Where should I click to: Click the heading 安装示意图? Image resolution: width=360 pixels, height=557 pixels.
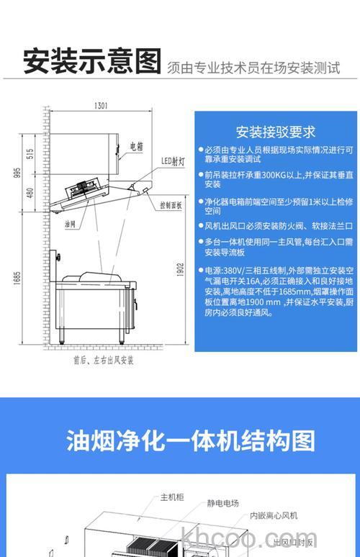(x=92, y=61)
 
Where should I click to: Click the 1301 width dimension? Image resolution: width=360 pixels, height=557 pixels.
(x=101, y=107)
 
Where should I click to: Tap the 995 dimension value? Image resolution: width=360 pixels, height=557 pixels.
(x=16, y=173)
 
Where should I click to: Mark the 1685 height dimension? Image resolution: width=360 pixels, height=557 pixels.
(x=16, y=277)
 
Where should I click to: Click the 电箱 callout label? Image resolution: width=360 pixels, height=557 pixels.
(x=136, y=146)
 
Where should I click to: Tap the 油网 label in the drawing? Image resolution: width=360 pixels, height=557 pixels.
(x=69, y=225)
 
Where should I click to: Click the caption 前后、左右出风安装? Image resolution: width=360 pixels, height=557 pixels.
(x=104, y=359)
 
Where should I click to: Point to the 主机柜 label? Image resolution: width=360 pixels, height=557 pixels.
(x=174, y=497)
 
